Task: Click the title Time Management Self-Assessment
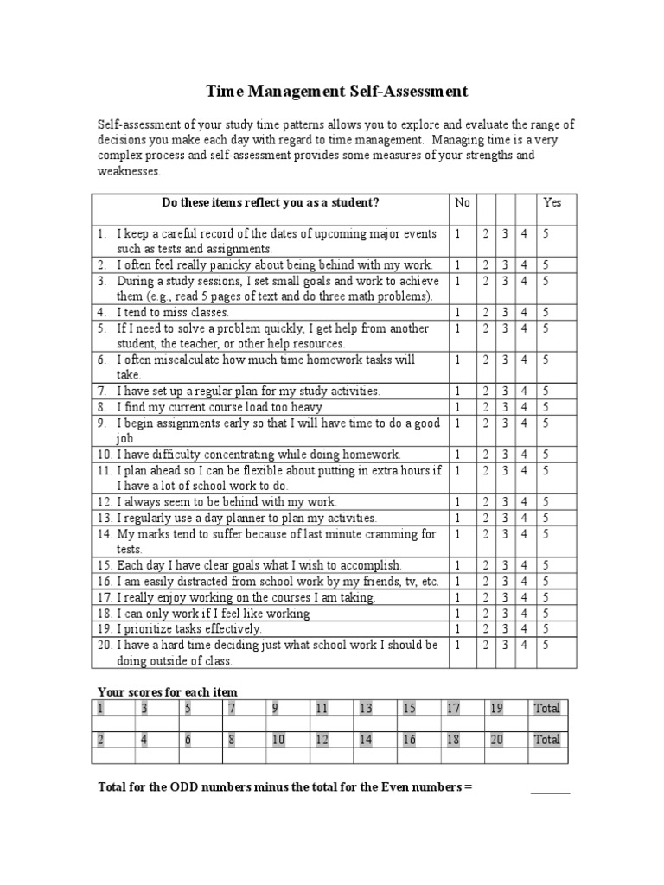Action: tap(336, 91)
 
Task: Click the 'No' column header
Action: tap(463, 202)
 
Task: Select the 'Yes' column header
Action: tap(552, 202)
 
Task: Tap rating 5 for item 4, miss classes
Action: tap(546, 312)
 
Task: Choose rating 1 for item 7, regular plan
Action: tap(458, 391)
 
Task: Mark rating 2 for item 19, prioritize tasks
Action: tap(486, 628)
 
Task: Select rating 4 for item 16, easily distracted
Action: tap(524, 581)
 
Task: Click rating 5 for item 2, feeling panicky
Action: tap(546, 264)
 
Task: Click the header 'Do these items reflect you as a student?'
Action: tap(271, 202)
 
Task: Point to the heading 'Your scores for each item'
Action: tap(168, 691)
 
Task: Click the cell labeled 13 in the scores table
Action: tap(365, 708)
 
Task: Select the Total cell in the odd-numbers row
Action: tap(546, 708)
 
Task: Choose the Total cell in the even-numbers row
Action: tap(546, 739)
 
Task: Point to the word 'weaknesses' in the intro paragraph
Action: tap(128, 171)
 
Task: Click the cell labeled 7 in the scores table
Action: tap(232, 708)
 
